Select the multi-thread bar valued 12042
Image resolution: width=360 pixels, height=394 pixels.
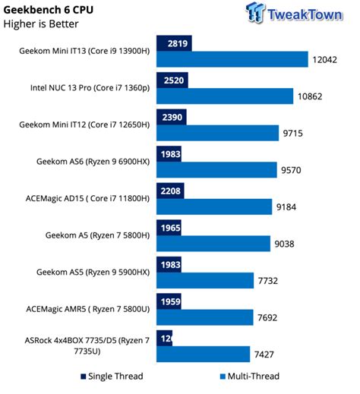click(x=232, y=59)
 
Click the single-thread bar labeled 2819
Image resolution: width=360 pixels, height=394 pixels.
click(x=174, y=43)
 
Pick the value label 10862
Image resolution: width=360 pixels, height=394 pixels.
click(x=316, y=96)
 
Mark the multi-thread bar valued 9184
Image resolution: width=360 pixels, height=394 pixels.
click(x=214, y=206)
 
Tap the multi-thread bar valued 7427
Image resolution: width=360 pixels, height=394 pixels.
click(x=203, y=354)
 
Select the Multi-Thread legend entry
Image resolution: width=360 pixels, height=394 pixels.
click(x=250, y=376)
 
